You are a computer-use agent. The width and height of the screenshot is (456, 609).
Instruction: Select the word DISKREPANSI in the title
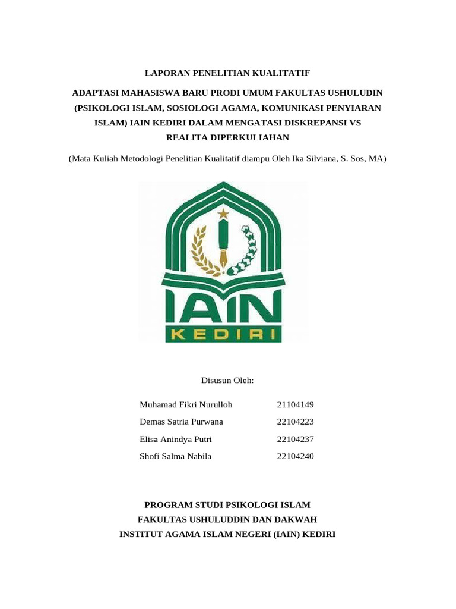pyautogui.click(x=309, y=123)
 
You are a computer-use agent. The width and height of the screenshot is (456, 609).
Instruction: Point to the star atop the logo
pyautogui.click(x=223, y=212)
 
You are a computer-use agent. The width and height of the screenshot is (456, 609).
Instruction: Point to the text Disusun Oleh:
pyautogui.click(x=228, y=380)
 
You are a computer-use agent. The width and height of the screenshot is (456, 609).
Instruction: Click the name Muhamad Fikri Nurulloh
pyautogui.click(x=186, y=405)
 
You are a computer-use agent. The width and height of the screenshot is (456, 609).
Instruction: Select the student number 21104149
pyautogui.click(x=295, y=405)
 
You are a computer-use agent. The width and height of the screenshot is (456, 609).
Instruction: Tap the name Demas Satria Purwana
pyautogui.click(x=182, y=422)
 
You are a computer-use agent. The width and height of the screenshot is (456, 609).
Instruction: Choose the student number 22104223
pyautogui.click(x=295, y=422)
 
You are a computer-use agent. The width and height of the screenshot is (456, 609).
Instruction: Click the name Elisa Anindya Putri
pyautogui.click(x=175, y=440)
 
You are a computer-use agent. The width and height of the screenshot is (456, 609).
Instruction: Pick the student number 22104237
pyautogui.click(x=295, y=440)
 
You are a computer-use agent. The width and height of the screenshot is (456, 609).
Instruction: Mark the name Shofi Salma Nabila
pyautogui.click(x=175, y=457)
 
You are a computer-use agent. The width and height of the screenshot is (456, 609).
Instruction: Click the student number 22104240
pyautogui.click(x=295, y=457)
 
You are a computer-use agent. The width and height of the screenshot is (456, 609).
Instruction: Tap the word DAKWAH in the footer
pyautogui.click(x=296, y=519)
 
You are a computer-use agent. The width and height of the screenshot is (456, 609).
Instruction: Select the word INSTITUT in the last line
pyautogui.click(x=142, y=534)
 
